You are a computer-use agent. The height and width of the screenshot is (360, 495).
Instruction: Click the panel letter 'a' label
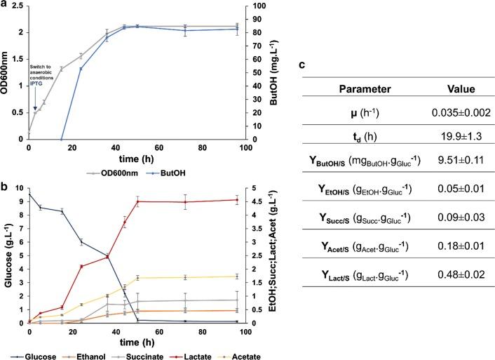tap(5, 5)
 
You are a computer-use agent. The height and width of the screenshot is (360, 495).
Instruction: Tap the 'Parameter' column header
tap(364, 89)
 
